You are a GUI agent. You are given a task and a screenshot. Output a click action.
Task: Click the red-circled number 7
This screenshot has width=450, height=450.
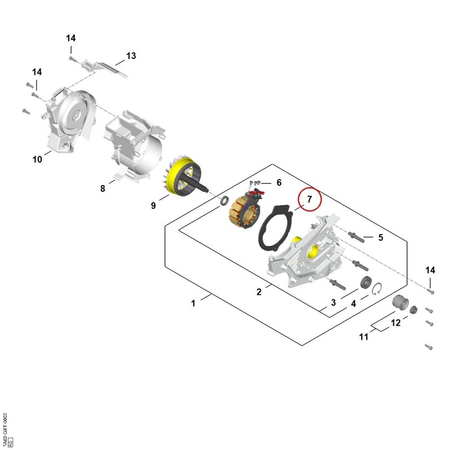pos(309,199)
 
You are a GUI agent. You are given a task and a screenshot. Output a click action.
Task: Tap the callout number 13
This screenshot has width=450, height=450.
pos(131,56)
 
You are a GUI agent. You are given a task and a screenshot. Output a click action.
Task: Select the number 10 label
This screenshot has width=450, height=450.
pos(37,159)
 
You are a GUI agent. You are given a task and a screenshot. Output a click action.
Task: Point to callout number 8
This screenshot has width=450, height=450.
pos(103,188)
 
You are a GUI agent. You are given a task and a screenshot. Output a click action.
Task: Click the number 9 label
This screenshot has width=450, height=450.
pos(153,205)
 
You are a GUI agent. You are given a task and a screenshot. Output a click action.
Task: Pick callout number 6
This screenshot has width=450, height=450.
pos(279,182)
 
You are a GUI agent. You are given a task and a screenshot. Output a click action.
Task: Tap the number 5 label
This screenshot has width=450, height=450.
pos(381,237)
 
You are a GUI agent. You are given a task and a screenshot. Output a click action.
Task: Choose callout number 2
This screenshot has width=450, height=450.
pos(259,292)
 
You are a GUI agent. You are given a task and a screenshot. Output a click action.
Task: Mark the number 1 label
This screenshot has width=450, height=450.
pos(193,303)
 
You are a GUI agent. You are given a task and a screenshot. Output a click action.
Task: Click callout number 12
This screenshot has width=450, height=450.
pos(395,323)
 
